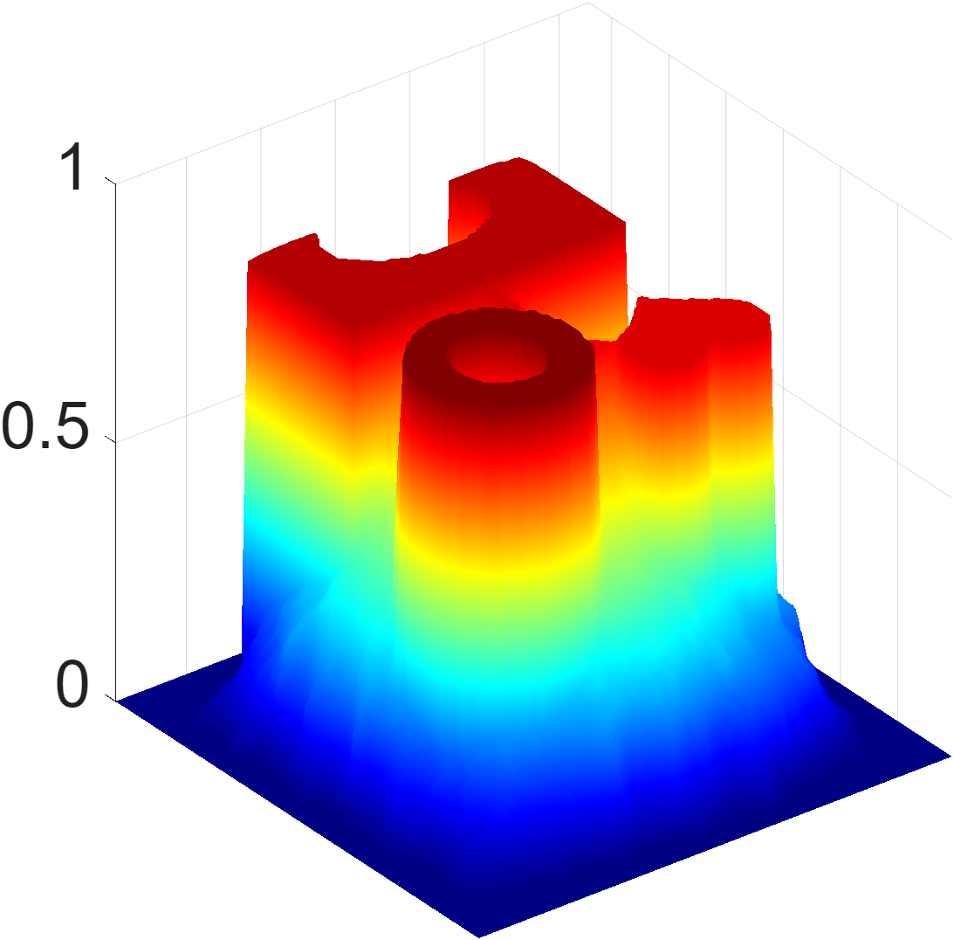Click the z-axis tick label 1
click(72, 168)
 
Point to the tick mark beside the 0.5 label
click(110, 439)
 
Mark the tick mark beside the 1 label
click(110, 181)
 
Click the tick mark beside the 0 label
click(110, 698)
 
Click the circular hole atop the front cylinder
click(497, 361)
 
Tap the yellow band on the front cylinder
click(498, 557)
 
